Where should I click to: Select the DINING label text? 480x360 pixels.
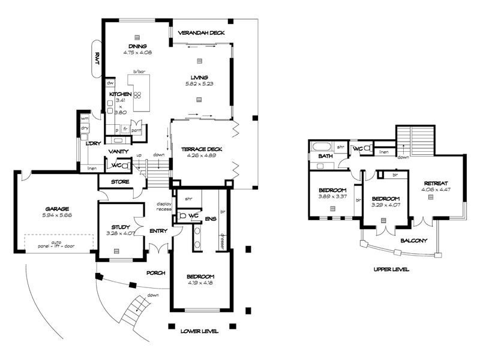point(137,46)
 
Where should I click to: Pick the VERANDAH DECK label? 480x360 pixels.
point(201,33)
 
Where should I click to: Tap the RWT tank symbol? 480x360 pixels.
point(97,59)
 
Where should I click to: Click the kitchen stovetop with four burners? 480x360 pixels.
point(137,95)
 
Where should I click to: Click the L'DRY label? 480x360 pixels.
point(92,143)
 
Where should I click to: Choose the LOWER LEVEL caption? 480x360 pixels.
point(199,331)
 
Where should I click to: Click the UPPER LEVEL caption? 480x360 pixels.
point(391,270)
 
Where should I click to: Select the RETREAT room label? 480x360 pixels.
point(436,184)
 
